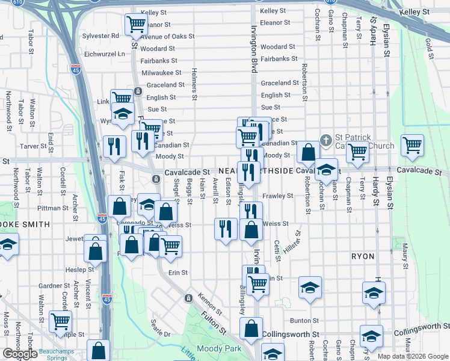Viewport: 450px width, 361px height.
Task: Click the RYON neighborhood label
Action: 363,256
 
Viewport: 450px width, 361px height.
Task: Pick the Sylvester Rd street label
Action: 101,36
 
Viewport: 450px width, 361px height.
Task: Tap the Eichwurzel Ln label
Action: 105,54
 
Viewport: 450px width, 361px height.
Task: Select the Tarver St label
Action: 33,146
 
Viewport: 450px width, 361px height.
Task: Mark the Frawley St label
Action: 277,196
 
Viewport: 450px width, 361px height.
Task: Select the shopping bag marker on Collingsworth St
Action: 251,329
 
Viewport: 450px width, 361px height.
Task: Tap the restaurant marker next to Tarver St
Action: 114,146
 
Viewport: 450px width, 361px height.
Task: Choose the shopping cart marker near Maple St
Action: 60,321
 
